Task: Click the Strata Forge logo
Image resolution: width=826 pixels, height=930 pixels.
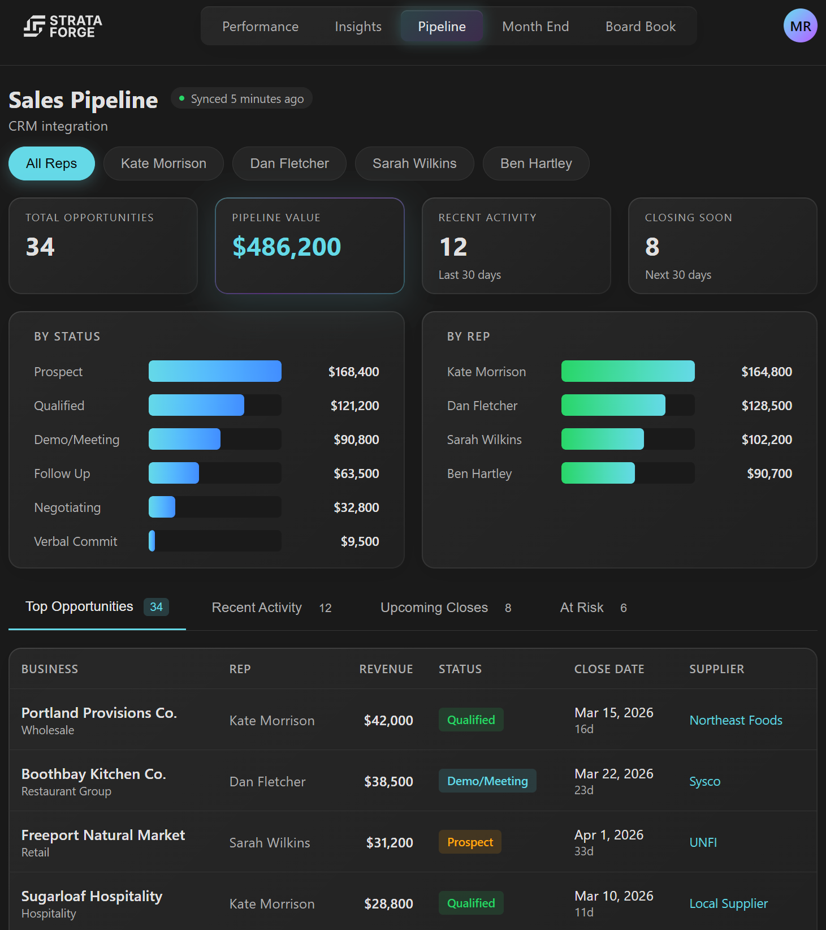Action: (62, 26)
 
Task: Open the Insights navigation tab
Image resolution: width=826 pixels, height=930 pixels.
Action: (358, 27)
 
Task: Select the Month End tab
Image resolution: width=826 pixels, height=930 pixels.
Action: (535, 27)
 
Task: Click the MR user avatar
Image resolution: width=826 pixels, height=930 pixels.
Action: (799, 26)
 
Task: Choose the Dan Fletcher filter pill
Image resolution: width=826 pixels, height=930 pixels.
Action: (289, 163)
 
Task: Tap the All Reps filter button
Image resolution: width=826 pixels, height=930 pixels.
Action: (51, 163)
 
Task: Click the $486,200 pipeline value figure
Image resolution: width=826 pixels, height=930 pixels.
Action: (287, 247)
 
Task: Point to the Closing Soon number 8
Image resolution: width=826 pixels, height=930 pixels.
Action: (652, 247)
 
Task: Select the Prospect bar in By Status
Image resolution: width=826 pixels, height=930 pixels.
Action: (215, 372)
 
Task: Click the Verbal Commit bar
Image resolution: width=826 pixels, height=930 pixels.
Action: (152, 541)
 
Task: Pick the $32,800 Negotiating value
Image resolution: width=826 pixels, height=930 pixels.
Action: (356, 507)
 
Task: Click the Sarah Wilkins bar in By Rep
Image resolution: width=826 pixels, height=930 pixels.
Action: (602, 440)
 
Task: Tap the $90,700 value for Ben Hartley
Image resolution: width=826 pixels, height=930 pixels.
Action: (769, 473)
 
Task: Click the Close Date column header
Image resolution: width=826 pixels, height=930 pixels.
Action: (609, 669)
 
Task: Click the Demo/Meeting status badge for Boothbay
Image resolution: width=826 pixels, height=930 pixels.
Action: (487, 781)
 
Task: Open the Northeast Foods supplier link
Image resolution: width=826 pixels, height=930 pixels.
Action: (736, 720)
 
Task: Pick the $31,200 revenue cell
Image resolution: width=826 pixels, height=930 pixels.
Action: (389, 843)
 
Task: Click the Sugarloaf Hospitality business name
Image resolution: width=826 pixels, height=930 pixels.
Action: (92, 896)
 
